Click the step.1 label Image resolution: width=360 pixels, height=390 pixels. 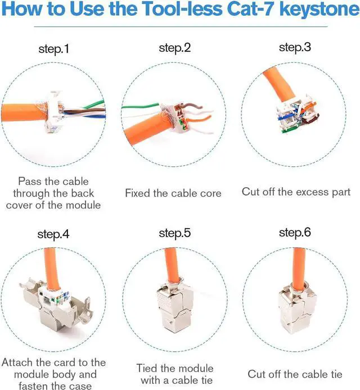(53, 49)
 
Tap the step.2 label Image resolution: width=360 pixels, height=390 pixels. (175, 48)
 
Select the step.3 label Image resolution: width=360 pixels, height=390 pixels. (295, 47)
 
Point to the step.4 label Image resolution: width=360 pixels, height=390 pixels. (53, 234)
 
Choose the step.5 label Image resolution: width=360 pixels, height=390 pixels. (175, 233)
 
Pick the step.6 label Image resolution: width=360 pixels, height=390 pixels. (295, 233)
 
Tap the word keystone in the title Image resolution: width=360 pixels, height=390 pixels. (319, 10)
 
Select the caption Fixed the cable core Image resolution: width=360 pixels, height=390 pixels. (173, 193)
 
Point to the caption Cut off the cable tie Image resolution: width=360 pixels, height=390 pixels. (295, 374)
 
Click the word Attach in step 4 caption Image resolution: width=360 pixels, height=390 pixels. (17, 362)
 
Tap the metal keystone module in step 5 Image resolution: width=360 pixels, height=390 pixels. (175, 306)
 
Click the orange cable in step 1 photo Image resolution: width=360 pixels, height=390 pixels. (24, 112)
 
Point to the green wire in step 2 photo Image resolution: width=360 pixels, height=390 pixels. (140, 106)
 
